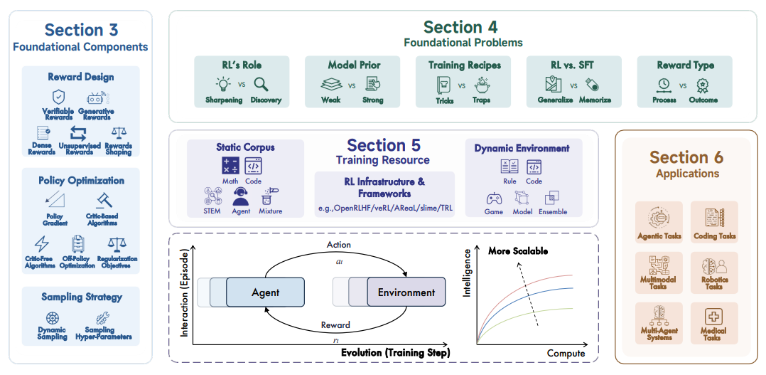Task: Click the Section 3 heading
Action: (81, 30)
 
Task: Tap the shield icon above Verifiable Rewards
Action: (58, 97)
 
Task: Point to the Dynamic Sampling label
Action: (52, 334)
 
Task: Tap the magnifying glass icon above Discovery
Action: (261, 85)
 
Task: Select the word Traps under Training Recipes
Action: (482, 100)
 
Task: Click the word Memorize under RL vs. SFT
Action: (593, 100)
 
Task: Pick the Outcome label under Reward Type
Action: (703, 100)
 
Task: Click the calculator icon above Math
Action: (230, 166)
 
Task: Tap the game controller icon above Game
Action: (493, 198)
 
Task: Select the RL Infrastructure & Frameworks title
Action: (384, 187)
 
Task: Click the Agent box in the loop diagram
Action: (265, 292)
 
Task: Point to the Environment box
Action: (406, 292)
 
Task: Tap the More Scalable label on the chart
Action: (518, 251)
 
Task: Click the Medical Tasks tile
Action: (714, 324)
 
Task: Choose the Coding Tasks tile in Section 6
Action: (714, 223)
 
